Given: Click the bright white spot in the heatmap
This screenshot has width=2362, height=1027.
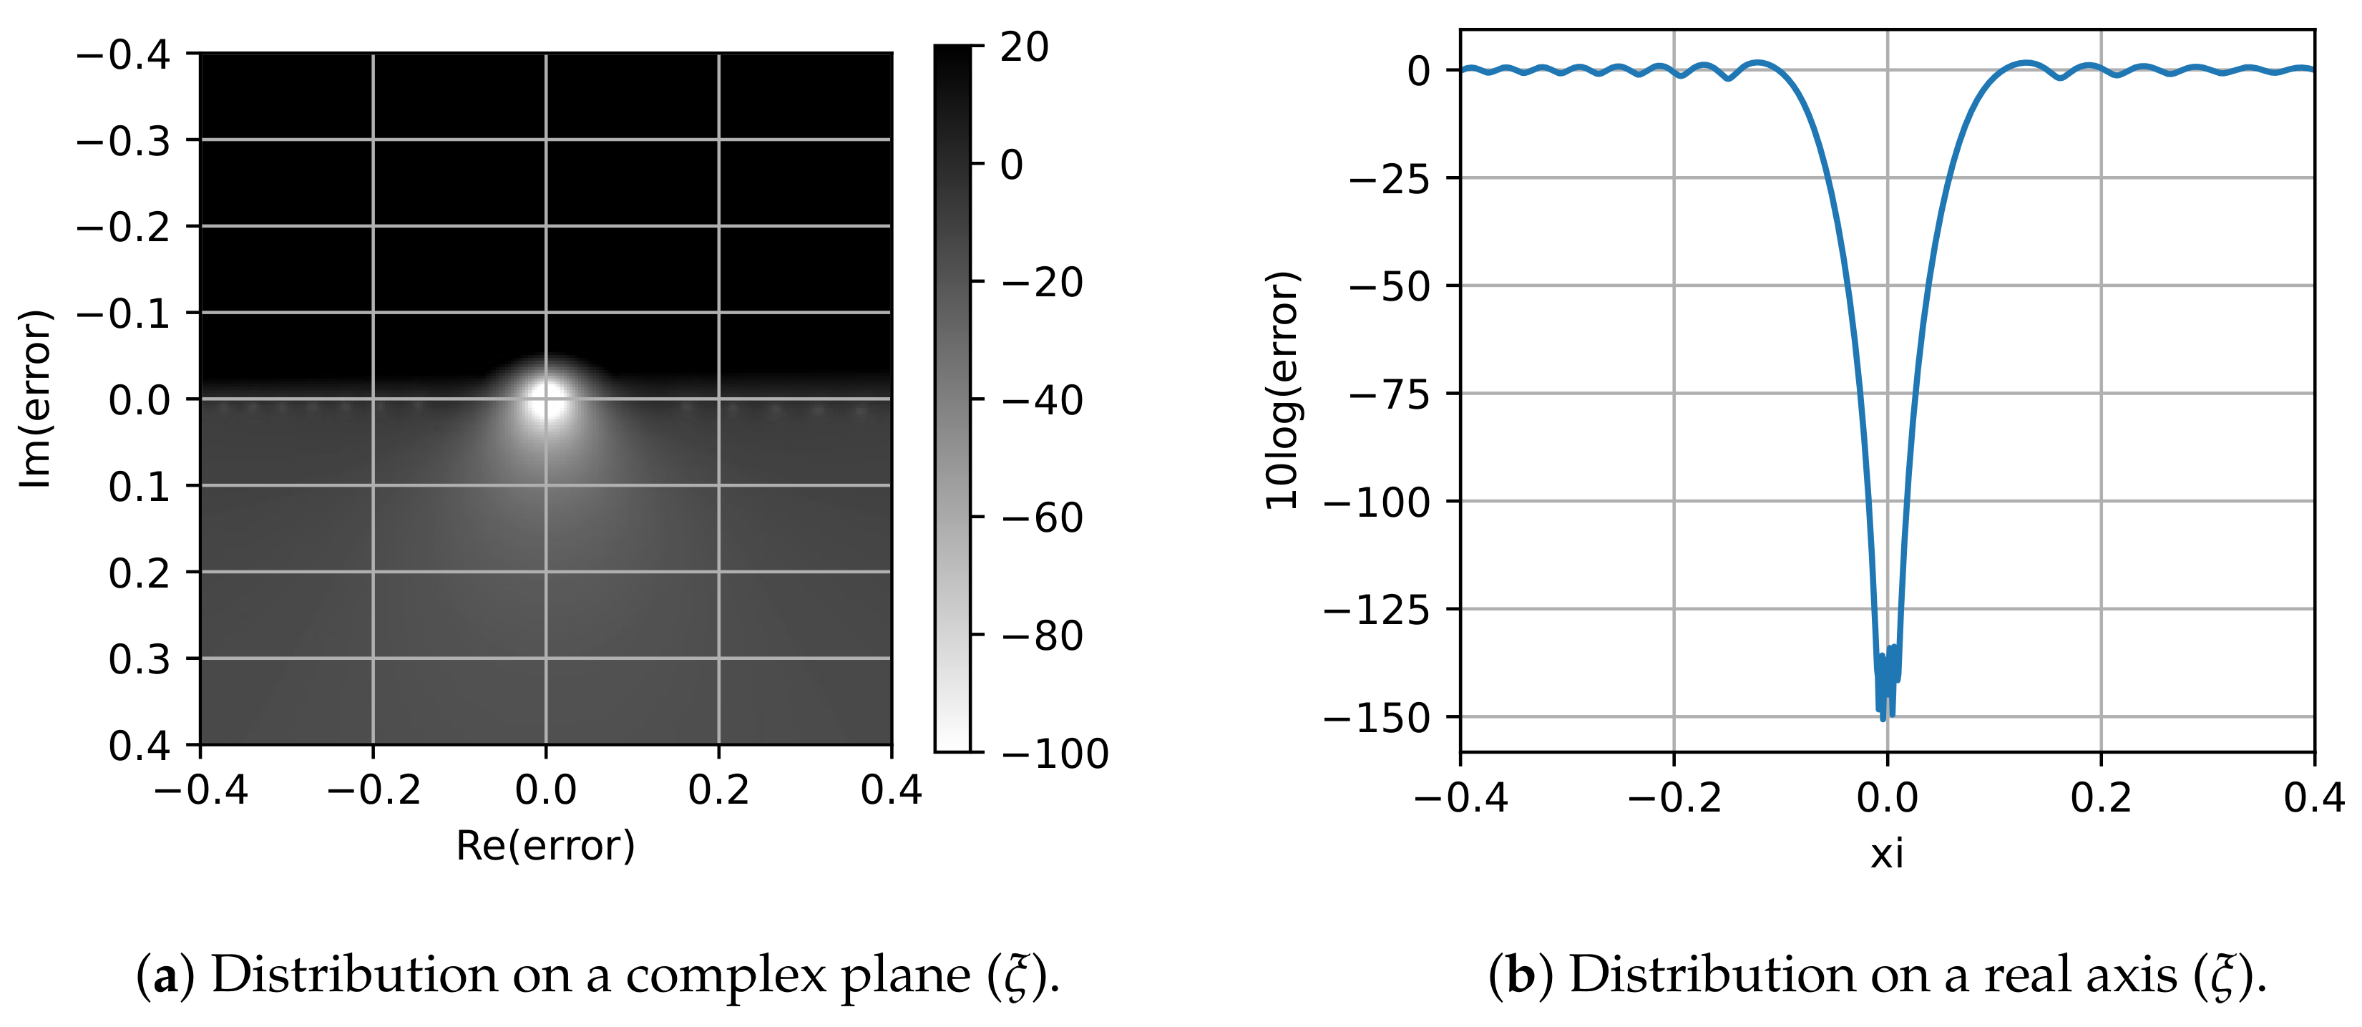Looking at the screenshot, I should click(x=547, y=401).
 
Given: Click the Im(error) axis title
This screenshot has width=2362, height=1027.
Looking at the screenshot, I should click(x=35, y=399).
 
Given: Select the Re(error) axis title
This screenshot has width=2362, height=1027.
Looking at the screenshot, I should click(x=545, y=845).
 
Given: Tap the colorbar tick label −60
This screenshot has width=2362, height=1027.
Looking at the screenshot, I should click(x=1043, y=518).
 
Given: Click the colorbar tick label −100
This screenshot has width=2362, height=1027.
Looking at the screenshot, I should click(x=1055, y=754).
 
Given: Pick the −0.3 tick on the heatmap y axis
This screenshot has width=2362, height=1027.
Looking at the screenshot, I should click(x=123, y=140).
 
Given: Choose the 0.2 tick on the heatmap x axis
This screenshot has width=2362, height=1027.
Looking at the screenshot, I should click(x=719, y=789).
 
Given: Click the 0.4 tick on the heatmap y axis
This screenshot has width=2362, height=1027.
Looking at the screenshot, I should click(x=140, y=746).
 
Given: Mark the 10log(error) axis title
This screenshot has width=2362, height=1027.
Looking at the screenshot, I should click(x=1282, y=391).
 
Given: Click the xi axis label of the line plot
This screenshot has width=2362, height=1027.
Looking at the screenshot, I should click(x=1887, y=855).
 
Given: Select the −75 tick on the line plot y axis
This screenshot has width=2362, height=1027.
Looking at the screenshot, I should click(x=1388, y=394).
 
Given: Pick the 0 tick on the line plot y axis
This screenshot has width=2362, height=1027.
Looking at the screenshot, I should click(x=1418, y=71).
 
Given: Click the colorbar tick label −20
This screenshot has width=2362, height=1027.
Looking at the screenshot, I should click(x=1043, y=283).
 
